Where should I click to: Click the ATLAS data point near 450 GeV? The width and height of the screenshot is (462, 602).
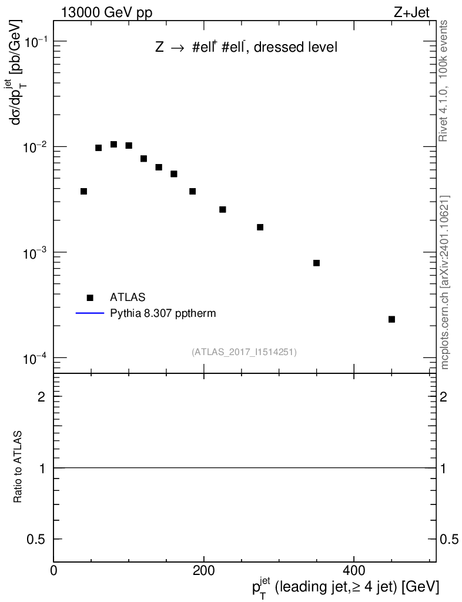click(391, 319)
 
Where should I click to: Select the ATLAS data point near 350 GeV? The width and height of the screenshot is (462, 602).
click(316, 263)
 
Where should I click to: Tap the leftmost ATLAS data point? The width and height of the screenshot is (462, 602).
click(83, 191)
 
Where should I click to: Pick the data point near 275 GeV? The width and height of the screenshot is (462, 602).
click(260, 227)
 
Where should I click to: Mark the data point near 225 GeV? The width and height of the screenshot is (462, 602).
click(223, 209)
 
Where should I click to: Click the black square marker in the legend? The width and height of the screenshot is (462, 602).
click(90, 297)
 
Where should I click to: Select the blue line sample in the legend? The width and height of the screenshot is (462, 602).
click(89, 313)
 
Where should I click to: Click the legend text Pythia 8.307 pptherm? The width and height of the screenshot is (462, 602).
click(163, 313)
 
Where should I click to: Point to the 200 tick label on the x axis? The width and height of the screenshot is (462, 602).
click(203, 570)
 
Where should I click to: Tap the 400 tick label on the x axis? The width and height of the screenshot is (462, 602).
click(353, 570)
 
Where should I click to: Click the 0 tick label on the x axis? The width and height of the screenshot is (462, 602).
click(54, 570)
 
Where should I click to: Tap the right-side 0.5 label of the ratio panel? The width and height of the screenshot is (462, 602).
click(449, 539)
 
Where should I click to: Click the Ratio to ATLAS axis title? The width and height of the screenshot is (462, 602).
click(18, 467)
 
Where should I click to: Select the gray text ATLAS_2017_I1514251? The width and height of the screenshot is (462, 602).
click(244, 352)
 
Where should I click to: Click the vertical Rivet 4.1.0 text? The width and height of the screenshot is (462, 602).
click(444, 81)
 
